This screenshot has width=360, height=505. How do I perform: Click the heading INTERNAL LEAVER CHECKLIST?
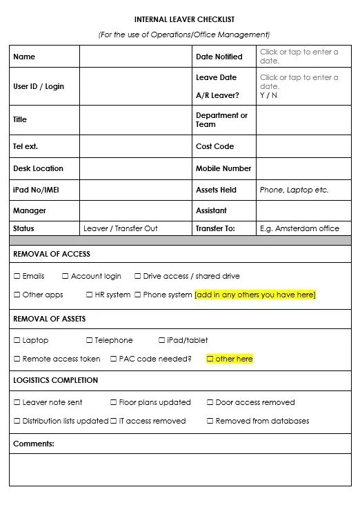pyautogui.click(x=184, y=20)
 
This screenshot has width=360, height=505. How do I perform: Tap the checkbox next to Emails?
pyautogui.click(x=17, y=276)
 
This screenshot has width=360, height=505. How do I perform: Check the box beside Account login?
pyautogui.click(x=66, y=276)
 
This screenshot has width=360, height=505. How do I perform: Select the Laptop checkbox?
pyautogui.click(x=17, y=340)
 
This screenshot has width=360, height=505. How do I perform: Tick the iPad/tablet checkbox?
pyautogui.click(x=161, y=340)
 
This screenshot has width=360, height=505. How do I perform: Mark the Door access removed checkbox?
pyautogui.click(x=210, y=402)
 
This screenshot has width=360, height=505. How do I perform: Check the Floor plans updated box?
pyautogui.click(x=114, y=402)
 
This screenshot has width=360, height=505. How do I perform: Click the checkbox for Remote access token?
pyautogui.click(x=17, y=359)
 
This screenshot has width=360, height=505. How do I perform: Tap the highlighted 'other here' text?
pyautogui.click(x=234, y=359)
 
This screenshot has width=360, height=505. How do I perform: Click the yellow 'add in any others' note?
pyautogui.click(x=255, y=295)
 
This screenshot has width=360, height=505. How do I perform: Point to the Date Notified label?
pyautogui.click(x=219, y=57)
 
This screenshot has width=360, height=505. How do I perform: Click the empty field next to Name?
pyautogui.click(x=136, y=57)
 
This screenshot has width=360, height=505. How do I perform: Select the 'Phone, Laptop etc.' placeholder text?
pyautogui.click(x=294, y=190)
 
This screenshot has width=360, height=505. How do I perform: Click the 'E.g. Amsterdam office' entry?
pyautogui.click(x=299, y=228)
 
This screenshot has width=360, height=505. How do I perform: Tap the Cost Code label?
pyautogui.click(x=214, y=146)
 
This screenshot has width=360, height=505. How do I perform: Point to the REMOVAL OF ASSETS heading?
pyautogui.click(x=49, y=319)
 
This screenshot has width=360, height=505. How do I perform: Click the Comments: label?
pyautogui.click(x=33, y=444)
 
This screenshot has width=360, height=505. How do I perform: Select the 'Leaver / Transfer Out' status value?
pyautogui.click(x=121, y=228)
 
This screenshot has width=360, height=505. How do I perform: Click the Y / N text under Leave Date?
pyautogui.click(x=268, y=95)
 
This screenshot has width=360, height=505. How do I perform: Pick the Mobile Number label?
pyautogui.click(x=223, y=168)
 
